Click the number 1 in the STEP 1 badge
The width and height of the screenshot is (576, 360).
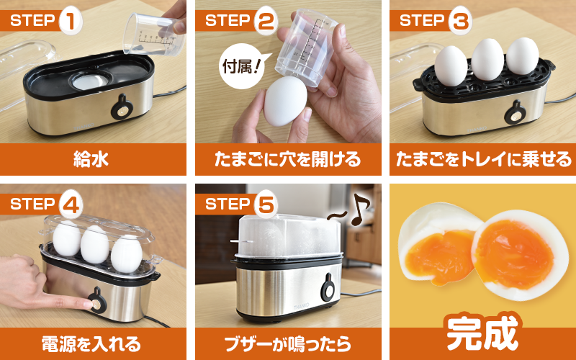[70, 20]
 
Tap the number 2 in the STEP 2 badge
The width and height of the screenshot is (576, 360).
[264, 20]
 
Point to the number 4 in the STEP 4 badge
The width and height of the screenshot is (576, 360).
[70, 204]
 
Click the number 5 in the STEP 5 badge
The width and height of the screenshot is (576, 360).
[264, 204]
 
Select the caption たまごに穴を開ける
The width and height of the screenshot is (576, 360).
[288, 158]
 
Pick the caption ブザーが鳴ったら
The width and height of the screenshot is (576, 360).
[288, 342]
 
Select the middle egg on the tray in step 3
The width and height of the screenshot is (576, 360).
[487, 60]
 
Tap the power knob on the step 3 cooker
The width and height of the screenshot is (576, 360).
[514, 112]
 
